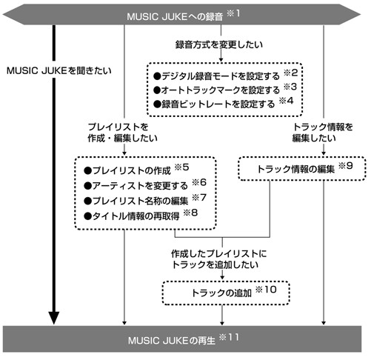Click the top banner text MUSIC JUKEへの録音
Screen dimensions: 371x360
[x=175, y=16]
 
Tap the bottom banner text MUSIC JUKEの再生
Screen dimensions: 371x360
[x=172, y=341]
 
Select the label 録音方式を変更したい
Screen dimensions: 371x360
[x=219, y=44]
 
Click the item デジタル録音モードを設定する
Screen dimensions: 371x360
[x=221, y=76]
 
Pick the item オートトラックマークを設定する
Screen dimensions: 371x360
[x=221, y=90]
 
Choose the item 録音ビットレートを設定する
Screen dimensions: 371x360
[x=218, y=104]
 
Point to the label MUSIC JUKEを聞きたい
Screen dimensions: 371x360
[x=59, y=71]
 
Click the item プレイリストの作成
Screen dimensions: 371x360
[x=132, y=170]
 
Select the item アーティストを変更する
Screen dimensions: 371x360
[x=140, y=186]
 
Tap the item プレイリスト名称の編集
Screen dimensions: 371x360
[x=140, y=201]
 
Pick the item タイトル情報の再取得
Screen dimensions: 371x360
[x=136, y=216]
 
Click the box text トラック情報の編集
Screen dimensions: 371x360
[x=296, y=169]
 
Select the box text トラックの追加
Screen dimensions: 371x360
[x=221, y=293]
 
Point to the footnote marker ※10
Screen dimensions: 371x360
[x=266, y=290]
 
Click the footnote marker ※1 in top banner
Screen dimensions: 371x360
[x=233, y=13]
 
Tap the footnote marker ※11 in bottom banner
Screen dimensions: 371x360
[x=229, y=337]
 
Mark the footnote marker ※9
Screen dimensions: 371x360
[x=345, y=166]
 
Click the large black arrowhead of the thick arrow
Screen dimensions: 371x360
[x=53, y=318]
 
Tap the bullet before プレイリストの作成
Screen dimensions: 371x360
[x=87, y=171]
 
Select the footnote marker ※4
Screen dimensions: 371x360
[x=286, y=101]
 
